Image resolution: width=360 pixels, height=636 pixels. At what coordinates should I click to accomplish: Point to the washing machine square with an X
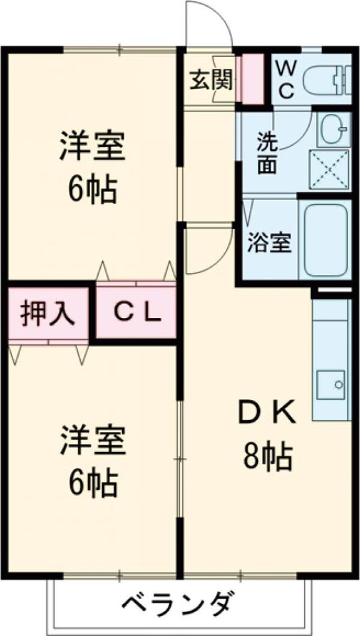(x=330, y=169)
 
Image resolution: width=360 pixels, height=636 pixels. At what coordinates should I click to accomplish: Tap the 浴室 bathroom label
(x=269, y=243)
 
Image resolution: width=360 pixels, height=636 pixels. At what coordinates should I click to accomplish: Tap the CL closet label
(x=136, y=312)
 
